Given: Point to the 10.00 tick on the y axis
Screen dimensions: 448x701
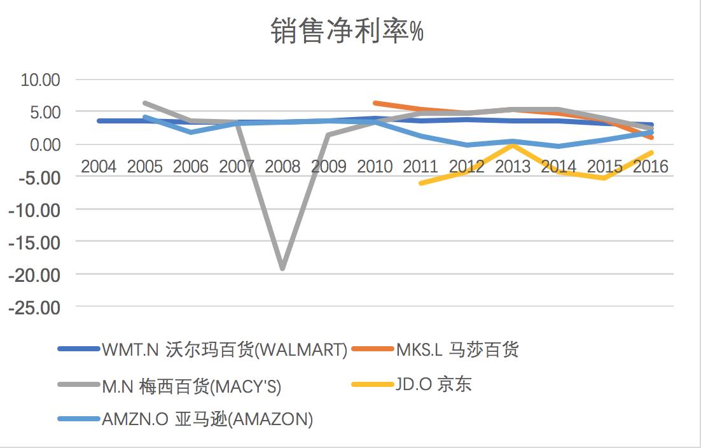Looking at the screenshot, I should pos(40,80).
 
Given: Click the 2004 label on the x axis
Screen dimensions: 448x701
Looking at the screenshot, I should pos(99,167).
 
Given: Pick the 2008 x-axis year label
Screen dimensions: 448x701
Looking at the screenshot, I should pos(282,167).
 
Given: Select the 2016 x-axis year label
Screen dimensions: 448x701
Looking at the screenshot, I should pos(651,167).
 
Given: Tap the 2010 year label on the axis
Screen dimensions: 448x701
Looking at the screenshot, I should pos(375,167).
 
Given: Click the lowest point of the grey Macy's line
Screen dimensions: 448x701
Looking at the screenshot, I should pos(282,269).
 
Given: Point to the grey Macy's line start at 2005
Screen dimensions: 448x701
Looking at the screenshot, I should pos(145,103).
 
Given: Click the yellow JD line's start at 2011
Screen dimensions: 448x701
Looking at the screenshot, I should pos(420,183).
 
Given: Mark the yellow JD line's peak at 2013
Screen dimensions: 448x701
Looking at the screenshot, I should pos(513,145).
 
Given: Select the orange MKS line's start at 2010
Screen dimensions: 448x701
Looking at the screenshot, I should pos(375,102).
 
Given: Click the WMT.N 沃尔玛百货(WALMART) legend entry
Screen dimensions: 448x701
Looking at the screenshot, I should pos(224,349).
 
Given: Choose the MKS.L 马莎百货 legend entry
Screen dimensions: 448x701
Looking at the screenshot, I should pos(456,349).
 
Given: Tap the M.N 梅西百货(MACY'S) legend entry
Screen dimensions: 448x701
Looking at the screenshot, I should pos(191,386).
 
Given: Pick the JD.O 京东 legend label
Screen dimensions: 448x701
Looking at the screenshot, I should pos(433,384).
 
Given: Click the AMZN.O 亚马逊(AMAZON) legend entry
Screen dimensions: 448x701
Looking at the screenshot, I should pos(207,420).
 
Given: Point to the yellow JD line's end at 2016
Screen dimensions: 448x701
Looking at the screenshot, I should pos(651,152).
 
